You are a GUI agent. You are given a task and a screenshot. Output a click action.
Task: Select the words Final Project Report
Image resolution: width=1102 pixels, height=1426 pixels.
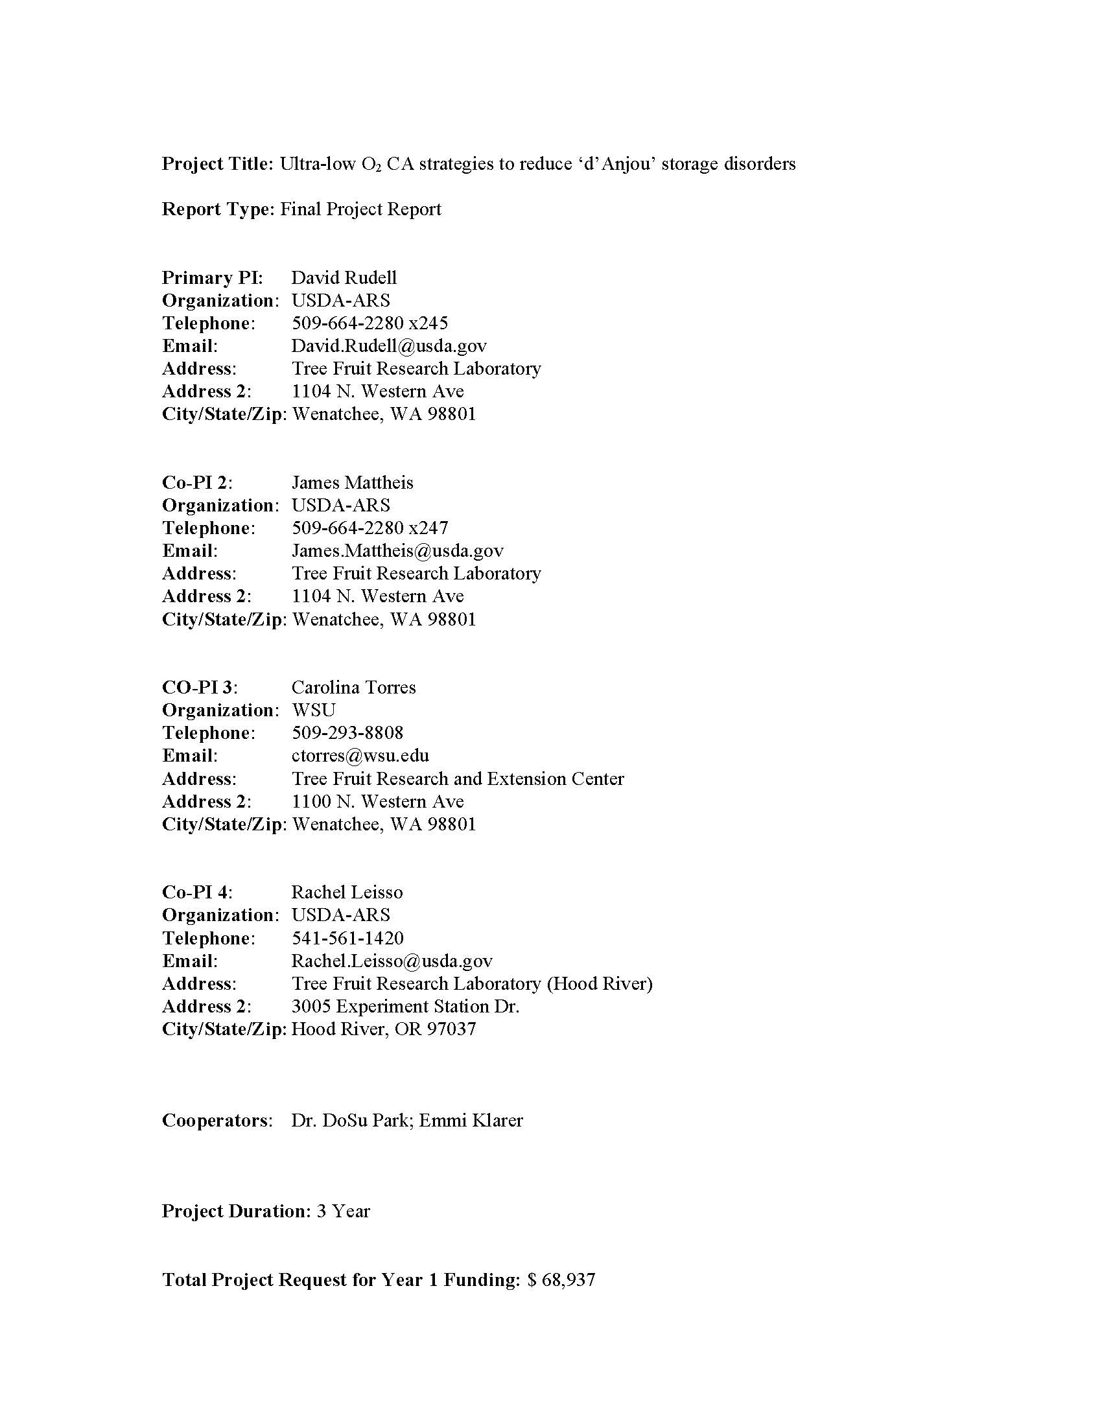point(360,209)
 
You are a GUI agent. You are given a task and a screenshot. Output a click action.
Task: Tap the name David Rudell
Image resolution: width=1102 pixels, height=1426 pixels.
point(344,277)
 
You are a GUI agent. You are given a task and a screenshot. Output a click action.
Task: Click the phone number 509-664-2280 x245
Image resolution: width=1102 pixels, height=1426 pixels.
point(369,323)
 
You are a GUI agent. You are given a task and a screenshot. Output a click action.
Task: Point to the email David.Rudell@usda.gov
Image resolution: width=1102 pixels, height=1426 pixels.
point(389,345)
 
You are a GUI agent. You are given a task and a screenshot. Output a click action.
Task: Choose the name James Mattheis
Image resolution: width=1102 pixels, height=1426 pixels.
point(352,482)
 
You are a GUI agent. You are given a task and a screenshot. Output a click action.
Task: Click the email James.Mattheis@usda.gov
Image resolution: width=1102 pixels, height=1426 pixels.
point(397,550)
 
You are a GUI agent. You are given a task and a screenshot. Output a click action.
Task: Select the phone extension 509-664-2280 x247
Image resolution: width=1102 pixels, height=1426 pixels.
point(369,528)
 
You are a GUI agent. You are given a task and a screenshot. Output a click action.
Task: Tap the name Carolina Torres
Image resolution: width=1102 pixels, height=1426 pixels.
point(353,687)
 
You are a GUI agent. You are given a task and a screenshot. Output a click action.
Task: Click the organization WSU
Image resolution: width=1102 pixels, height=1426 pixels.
point(313,710)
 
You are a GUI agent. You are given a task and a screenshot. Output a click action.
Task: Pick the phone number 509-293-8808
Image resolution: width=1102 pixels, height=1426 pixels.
point(347,732)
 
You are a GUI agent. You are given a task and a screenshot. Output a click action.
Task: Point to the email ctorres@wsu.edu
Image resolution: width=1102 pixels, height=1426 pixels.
point(360,755)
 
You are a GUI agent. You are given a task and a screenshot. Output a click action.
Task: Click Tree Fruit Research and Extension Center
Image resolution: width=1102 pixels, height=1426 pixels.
point(458,778)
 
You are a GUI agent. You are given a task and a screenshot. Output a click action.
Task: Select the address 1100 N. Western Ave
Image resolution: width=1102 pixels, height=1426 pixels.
point(377,801)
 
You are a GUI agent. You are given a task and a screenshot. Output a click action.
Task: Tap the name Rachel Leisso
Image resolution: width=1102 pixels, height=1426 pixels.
point(347,892)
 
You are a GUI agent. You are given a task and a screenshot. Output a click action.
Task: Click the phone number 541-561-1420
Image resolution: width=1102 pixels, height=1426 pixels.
point(347,938)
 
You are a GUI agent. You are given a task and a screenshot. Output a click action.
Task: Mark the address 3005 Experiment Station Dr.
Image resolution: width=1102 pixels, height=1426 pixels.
point(405,1006)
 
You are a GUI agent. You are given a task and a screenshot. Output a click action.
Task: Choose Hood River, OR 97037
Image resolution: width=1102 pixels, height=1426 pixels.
point(384,1029)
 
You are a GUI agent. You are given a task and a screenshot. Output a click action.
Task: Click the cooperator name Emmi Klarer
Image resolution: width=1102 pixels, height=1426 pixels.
point(471,1121)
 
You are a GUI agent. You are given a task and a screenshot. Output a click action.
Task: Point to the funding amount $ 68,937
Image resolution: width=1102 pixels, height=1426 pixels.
point(561,1280)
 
